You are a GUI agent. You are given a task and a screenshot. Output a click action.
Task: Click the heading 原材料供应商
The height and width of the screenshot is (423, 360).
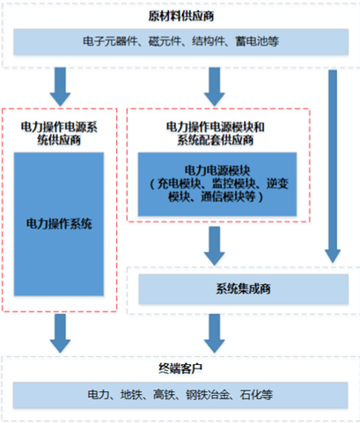pyautogui.click(x=181, y=16)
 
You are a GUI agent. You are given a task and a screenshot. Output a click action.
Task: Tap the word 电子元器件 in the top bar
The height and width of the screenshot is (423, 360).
pyautogui.click(x=110, y=41)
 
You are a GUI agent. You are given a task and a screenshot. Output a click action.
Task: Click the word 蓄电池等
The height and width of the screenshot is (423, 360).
pyautogui.click(x=257, y=41)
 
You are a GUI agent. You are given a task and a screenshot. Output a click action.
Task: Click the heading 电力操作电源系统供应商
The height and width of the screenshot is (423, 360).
pyautogui.click(x=59, y=134)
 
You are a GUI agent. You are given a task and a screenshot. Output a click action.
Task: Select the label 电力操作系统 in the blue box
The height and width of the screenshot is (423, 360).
pyautogui.click(x=59, y=224)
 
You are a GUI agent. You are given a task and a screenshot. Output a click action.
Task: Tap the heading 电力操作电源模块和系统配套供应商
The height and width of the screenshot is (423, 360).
pyautogui.click(x=216, y=134)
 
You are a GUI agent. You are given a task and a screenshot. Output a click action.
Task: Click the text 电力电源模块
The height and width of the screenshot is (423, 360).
pyautogui.click(x=217, y=171)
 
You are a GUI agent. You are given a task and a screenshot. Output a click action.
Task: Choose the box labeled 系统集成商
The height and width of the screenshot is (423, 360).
pyautogui.click(x=244, y=289)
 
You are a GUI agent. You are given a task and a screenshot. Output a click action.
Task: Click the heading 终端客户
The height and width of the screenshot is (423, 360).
pyautogui.click(x=180, y=368)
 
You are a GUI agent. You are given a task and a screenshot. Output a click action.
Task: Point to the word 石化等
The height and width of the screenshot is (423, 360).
pyautogui.click(x=256, y=395)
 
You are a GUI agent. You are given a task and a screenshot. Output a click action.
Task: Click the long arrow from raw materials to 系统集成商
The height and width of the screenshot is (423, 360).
pyautogui.click(x=333, y=166)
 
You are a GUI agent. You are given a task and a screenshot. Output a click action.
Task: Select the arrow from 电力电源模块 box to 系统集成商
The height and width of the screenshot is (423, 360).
pyautogui.click(x=215, y=246)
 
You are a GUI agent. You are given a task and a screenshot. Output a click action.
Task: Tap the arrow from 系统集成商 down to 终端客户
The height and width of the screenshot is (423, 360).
pyautogui.click(x=215, y=333)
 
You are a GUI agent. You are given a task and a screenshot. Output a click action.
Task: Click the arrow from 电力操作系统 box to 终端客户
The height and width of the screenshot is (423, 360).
pyautogui.click(x=60, y=333)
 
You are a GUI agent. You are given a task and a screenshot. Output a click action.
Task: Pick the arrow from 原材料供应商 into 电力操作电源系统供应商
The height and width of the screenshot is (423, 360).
pyautogui.click(x=60, y=87)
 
